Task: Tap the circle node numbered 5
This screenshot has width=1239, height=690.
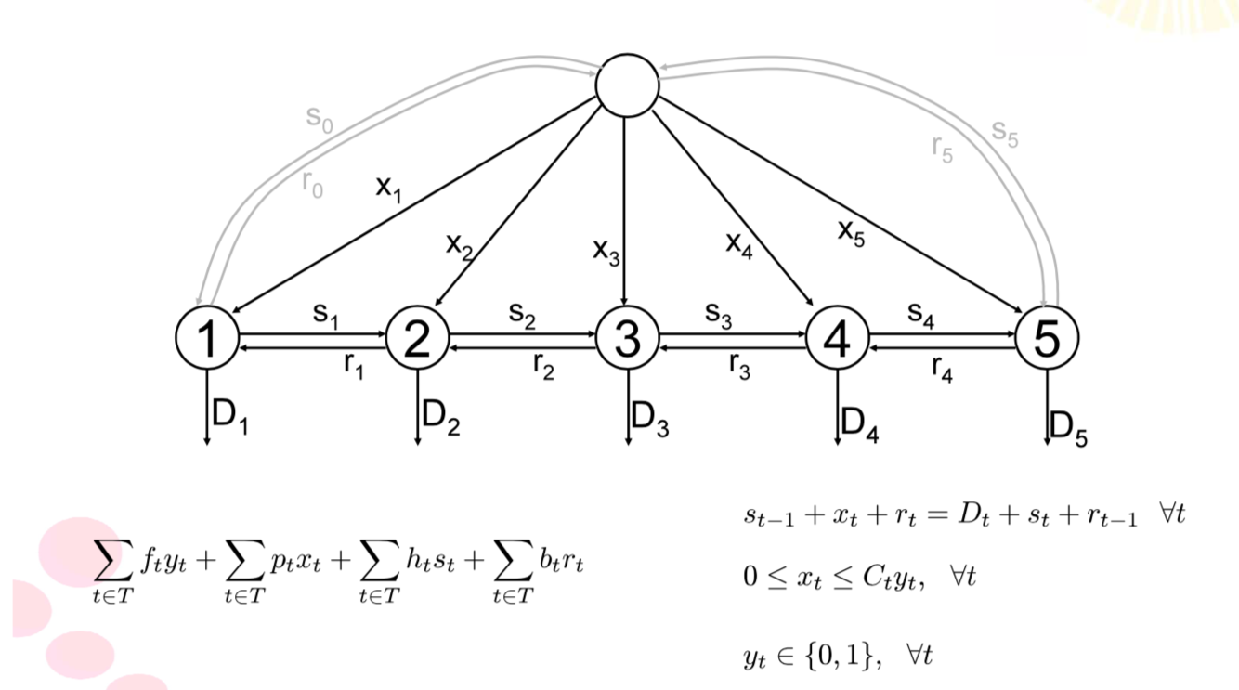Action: click(x=1047, y=339)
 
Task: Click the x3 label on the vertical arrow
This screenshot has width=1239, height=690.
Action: click(x=606, y=252)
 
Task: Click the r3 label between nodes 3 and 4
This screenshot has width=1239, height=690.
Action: click(x=740, y=367)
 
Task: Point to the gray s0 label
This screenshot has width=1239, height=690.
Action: click(x=320, y=118)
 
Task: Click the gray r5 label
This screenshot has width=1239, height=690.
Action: click(x=941, y=149)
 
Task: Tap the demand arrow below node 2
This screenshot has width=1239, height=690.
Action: click(x=418, y=409)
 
